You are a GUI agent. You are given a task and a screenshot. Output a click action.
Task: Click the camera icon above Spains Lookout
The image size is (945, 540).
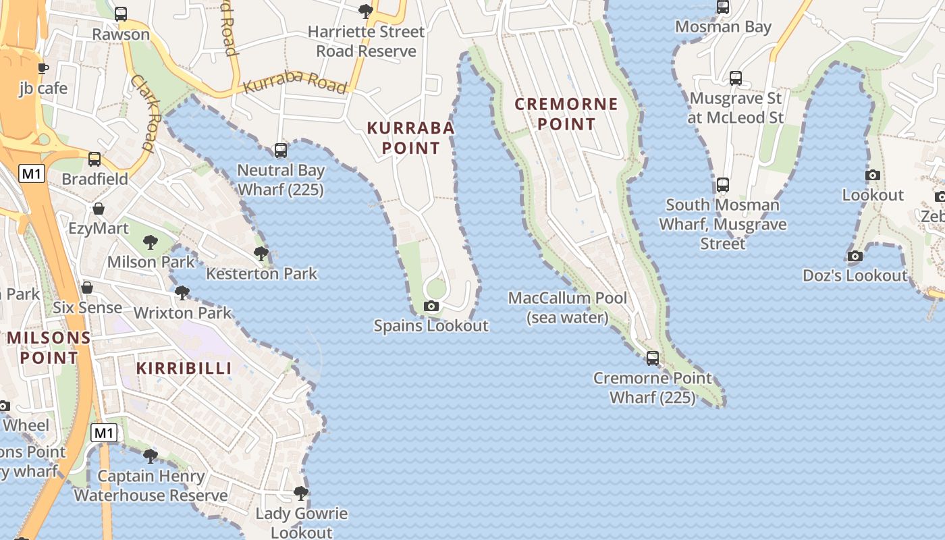(431, 306)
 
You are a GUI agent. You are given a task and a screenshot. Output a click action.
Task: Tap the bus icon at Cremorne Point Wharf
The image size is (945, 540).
(652, 358)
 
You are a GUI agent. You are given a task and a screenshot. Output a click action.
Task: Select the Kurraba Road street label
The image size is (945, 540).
(295, 84)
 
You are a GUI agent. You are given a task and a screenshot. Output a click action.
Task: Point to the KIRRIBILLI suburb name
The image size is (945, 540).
(184, 368)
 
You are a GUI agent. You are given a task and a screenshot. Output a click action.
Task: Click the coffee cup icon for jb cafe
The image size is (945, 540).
(43, 68)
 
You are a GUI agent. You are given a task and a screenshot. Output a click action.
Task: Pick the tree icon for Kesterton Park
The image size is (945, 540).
(261, 254)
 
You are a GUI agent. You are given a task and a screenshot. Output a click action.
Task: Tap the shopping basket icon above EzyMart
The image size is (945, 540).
(99, 209)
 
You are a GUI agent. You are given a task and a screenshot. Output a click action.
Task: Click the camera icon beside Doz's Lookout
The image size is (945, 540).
(855, 256)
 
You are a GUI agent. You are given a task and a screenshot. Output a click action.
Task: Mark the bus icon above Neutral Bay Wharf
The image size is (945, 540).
(281, 151)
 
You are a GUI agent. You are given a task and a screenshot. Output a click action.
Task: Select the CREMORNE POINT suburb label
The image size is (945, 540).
(566, 114)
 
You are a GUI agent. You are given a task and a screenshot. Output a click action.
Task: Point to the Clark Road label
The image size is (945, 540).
(143, 112)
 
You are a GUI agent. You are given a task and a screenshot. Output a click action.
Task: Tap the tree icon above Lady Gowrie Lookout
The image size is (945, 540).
(301, 493)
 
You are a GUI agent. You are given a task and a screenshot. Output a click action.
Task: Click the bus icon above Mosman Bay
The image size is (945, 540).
(723, 7)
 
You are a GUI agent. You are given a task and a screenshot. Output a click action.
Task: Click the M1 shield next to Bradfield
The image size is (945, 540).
(31, 173)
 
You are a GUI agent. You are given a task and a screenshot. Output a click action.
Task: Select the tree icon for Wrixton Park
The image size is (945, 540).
(182, 293)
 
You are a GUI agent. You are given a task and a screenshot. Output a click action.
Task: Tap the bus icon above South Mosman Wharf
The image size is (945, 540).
(723, 184)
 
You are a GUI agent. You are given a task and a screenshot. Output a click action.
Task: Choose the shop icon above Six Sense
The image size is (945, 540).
(87, 288)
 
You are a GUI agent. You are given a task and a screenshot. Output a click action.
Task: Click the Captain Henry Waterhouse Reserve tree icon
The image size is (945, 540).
(151, 456)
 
